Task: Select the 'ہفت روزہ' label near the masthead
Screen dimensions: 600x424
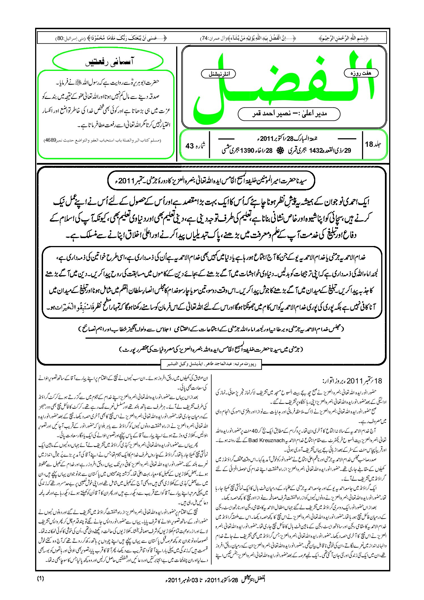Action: tap(361, 73)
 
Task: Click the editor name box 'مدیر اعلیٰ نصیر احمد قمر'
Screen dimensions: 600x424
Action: tap(289, 114)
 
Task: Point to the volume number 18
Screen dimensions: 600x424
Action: tap(369, 144)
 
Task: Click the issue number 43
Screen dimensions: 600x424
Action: tap(189, 146)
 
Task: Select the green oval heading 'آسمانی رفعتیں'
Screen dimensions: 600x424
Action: tap(108, 62)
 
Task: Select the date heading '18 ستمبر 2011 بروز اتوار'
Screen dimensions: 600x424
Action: tap(352, 381)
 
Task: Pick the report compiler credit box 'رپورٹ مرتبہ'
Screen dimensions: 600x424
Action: tap(211, 364)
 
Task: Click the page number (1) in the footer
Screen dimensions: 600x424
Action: tap(40, 578)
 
